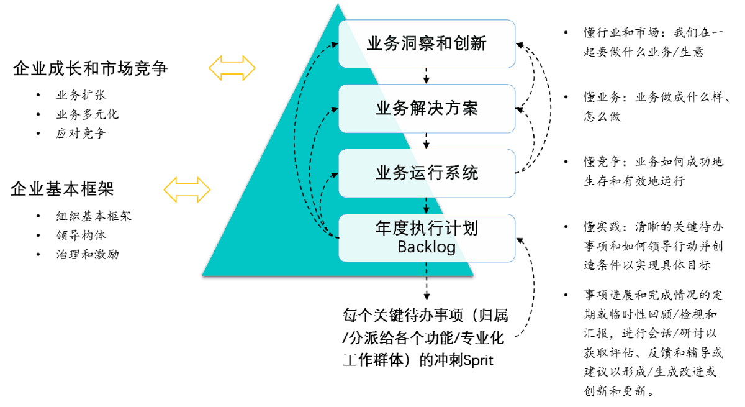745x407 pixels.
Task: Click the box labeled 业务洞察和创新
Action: pos(427,43)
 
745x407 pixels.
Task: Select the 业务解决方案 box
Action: pos(427,109)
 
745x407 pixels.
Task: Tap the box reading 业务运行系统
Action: pos(427,173)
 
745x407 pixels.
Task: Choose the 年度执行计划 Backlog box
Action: pos(427,238)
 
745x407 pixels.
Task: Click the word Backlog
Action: pos(427,247)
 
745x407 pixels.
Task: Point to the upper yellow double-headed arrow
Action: pos(232,68)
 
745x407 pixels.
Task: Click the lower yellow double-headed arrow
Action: pos(187,190)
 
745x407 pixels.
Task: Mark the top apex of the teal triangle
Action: pos(338,4)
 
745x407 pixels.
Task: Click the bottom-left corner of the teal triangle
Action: pos(203,275)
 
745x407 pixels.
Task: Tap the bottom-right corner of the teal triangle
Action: pos(473,275)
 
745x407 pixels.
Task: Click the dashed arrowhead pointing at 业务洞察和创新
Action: pos(335,44)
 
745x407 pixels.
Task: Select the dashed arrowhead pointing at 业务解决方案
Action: pos(335,109)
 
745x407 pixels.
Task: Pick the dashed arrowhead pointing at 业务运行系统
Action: pos(335,174)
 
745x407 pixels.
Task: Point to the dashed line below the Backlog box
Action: pos(427,268)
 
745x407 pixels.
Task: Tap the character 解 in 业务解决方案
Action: pos(417,109)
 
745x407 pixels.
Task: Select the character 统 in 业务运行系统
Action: pos(470,173)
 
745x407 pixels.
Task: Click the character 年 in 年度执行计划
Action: pos(383,229)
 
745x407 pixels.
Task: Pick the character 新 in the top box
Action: pos(478,44)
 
